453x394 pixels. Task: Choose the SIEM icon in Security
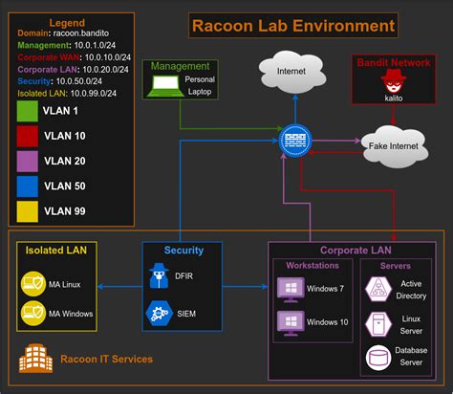159,312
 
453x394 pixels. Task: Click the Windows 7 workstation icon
289,288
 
